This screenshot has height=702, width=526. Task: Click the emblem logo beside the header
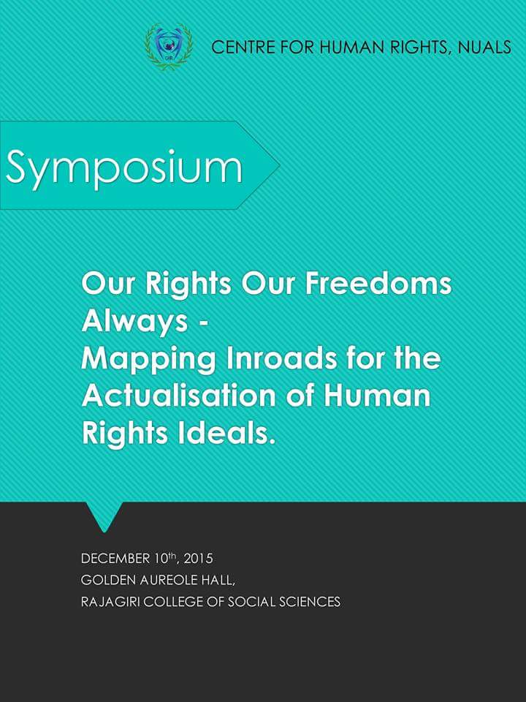tap(169, 47)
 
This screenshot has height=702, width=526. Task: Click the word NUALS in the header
tap(484, 47)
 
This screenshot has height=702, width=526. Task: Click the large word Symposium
tap(124, 168)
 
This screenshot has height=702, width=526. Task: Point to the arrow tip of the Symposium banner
tap(280, 165)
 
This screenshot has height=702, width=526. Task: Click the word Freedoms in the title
tap(378, 284)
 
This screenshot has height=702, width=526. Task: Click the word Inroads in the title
tap(282, 359)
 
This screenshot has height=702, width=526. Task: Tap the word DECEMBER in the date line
tap(115, 559)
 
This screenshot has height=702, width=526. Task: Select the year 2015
tap(198, 559)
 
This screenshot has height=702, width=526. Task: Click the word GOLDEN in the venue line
tap(108, 580)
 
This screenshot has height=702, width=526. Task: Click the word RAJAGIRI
tap(110, 602)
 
